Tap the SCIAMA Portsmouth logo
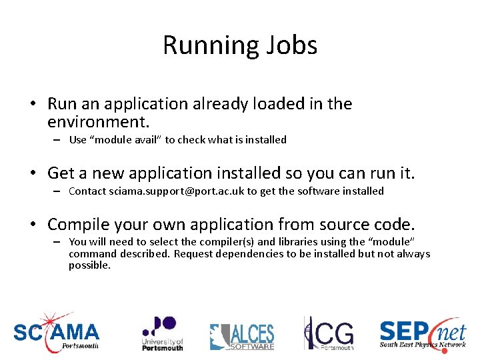pos(56,331)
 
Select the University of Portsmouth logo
pos(161,333)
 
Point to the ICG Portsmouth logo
pos(329,333)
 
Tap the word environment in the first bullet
pos(97,123)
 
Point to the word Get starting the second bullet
pos(61,173)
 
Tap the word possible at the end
pos(89,265)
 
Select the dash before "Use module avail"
pos(58,140)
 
